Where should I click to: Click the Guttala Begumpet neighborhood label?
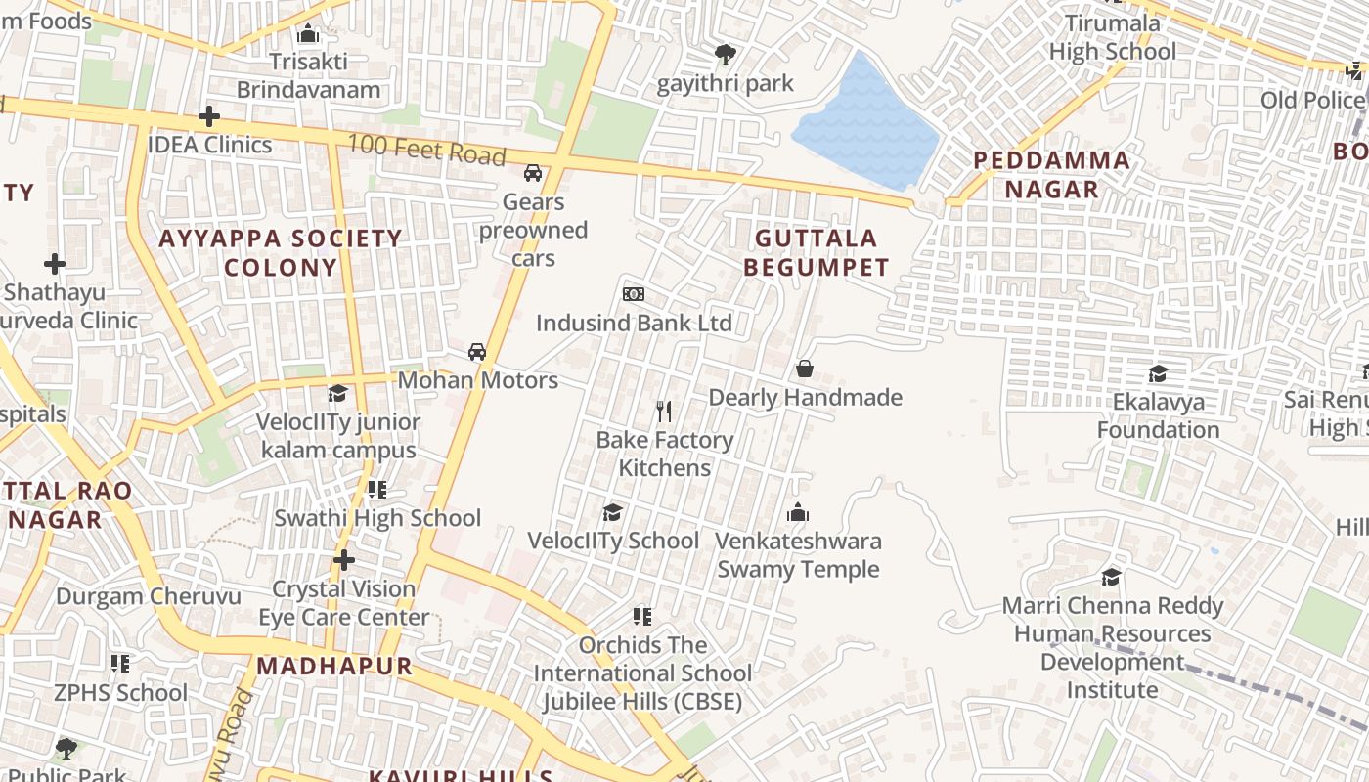(817, 252)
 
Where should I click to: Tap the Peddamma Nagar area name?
(1051, 174)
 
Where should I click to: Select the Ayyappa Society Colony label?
(281, 252)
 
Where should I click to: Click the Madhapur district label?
(333, 667)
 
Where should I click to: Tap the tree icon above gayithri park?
(725, 54)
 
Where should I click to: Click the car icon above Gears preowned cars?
(533, 173)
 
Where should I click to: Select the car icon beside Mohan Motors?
(476, 352)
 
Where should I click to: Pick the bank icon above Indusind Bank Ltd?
(634, 294)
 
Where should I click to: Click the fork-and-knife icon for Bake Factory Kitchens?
(664, 411)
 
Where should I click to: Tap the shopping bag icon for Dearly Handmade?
(805, 369)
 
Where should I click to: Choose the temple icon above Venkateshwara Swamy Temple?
(798, 512)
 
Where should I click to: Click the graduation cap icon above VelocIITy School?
(612, 512)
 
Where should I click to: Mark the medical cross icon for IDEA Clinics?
(208, 116)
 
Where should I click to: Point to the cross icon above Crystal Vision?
(343, 560)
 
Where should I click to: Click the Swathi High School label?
(377, 518)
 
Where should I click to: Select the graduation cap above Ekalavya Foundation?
(1158, 373)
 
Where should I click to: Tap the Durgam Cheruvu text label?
(149, 596)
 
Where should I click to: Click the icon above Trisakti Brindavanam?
(308, 34)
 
